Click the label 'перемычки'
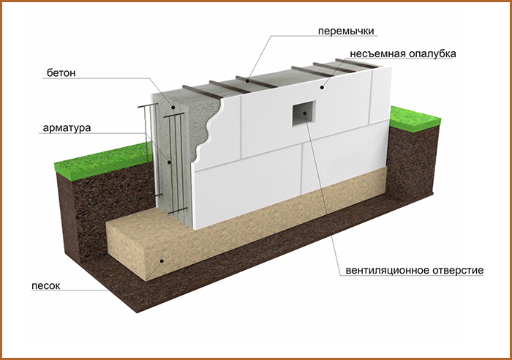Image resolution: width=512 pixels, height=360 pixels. click(x=346, y=31)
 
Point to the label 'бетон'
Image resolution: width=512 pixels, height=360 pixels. click(x=61, y=73)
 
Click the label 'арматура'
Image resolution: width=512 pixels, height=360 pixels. click(x=67, y=128)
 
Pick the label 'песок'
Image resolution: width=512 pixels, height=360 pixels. click(x=45, y=286)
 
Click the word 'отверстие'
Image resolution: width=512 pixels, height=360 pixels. click(x=458, y=271)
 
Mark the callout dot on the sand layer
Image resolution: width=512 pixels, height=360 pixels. click(x=162, y=260)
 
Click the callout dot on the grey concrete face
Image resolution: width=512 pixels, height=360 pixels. click(x=173, y=107)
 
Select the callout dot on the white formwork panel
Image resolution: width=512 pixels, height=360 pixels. click(x=322, y=87)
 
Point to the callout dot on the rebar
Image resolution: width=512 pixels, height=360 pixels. click(x=169, y=162)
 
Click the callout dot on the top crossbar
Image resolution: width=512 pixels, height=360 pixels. click(x=248, y=80)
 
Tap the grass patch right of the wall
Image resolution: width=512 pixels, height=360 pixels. click(x=415, y=119)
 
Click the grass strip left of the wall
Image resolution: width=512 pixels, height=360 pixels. click(x=103, y=161)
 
